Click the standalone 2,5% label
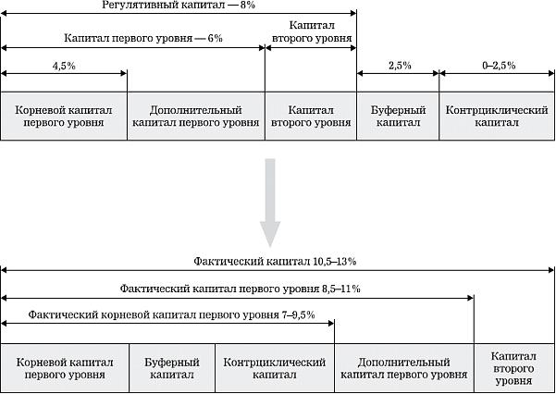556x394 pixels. pyautogui.click(x=398, y=65)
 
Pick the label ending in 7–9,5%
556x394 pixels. pyautogui.click(x=172, y=315)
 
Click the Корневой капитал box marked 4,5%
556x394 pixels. pyautogui.click(x=64, y=116)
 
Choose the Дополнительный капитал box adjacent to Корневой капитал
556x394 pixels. pyautogui.click(x=195, y=116)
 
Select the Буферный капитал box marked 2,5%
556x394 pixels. pyautogui.click(x=398, y=116)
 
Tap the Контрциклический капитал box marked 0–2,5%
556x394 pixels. pyautogui.click(x=498, y=116)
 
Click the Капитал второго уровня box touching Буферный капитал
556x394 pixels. pyautogui.click(x=311, y=116)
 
